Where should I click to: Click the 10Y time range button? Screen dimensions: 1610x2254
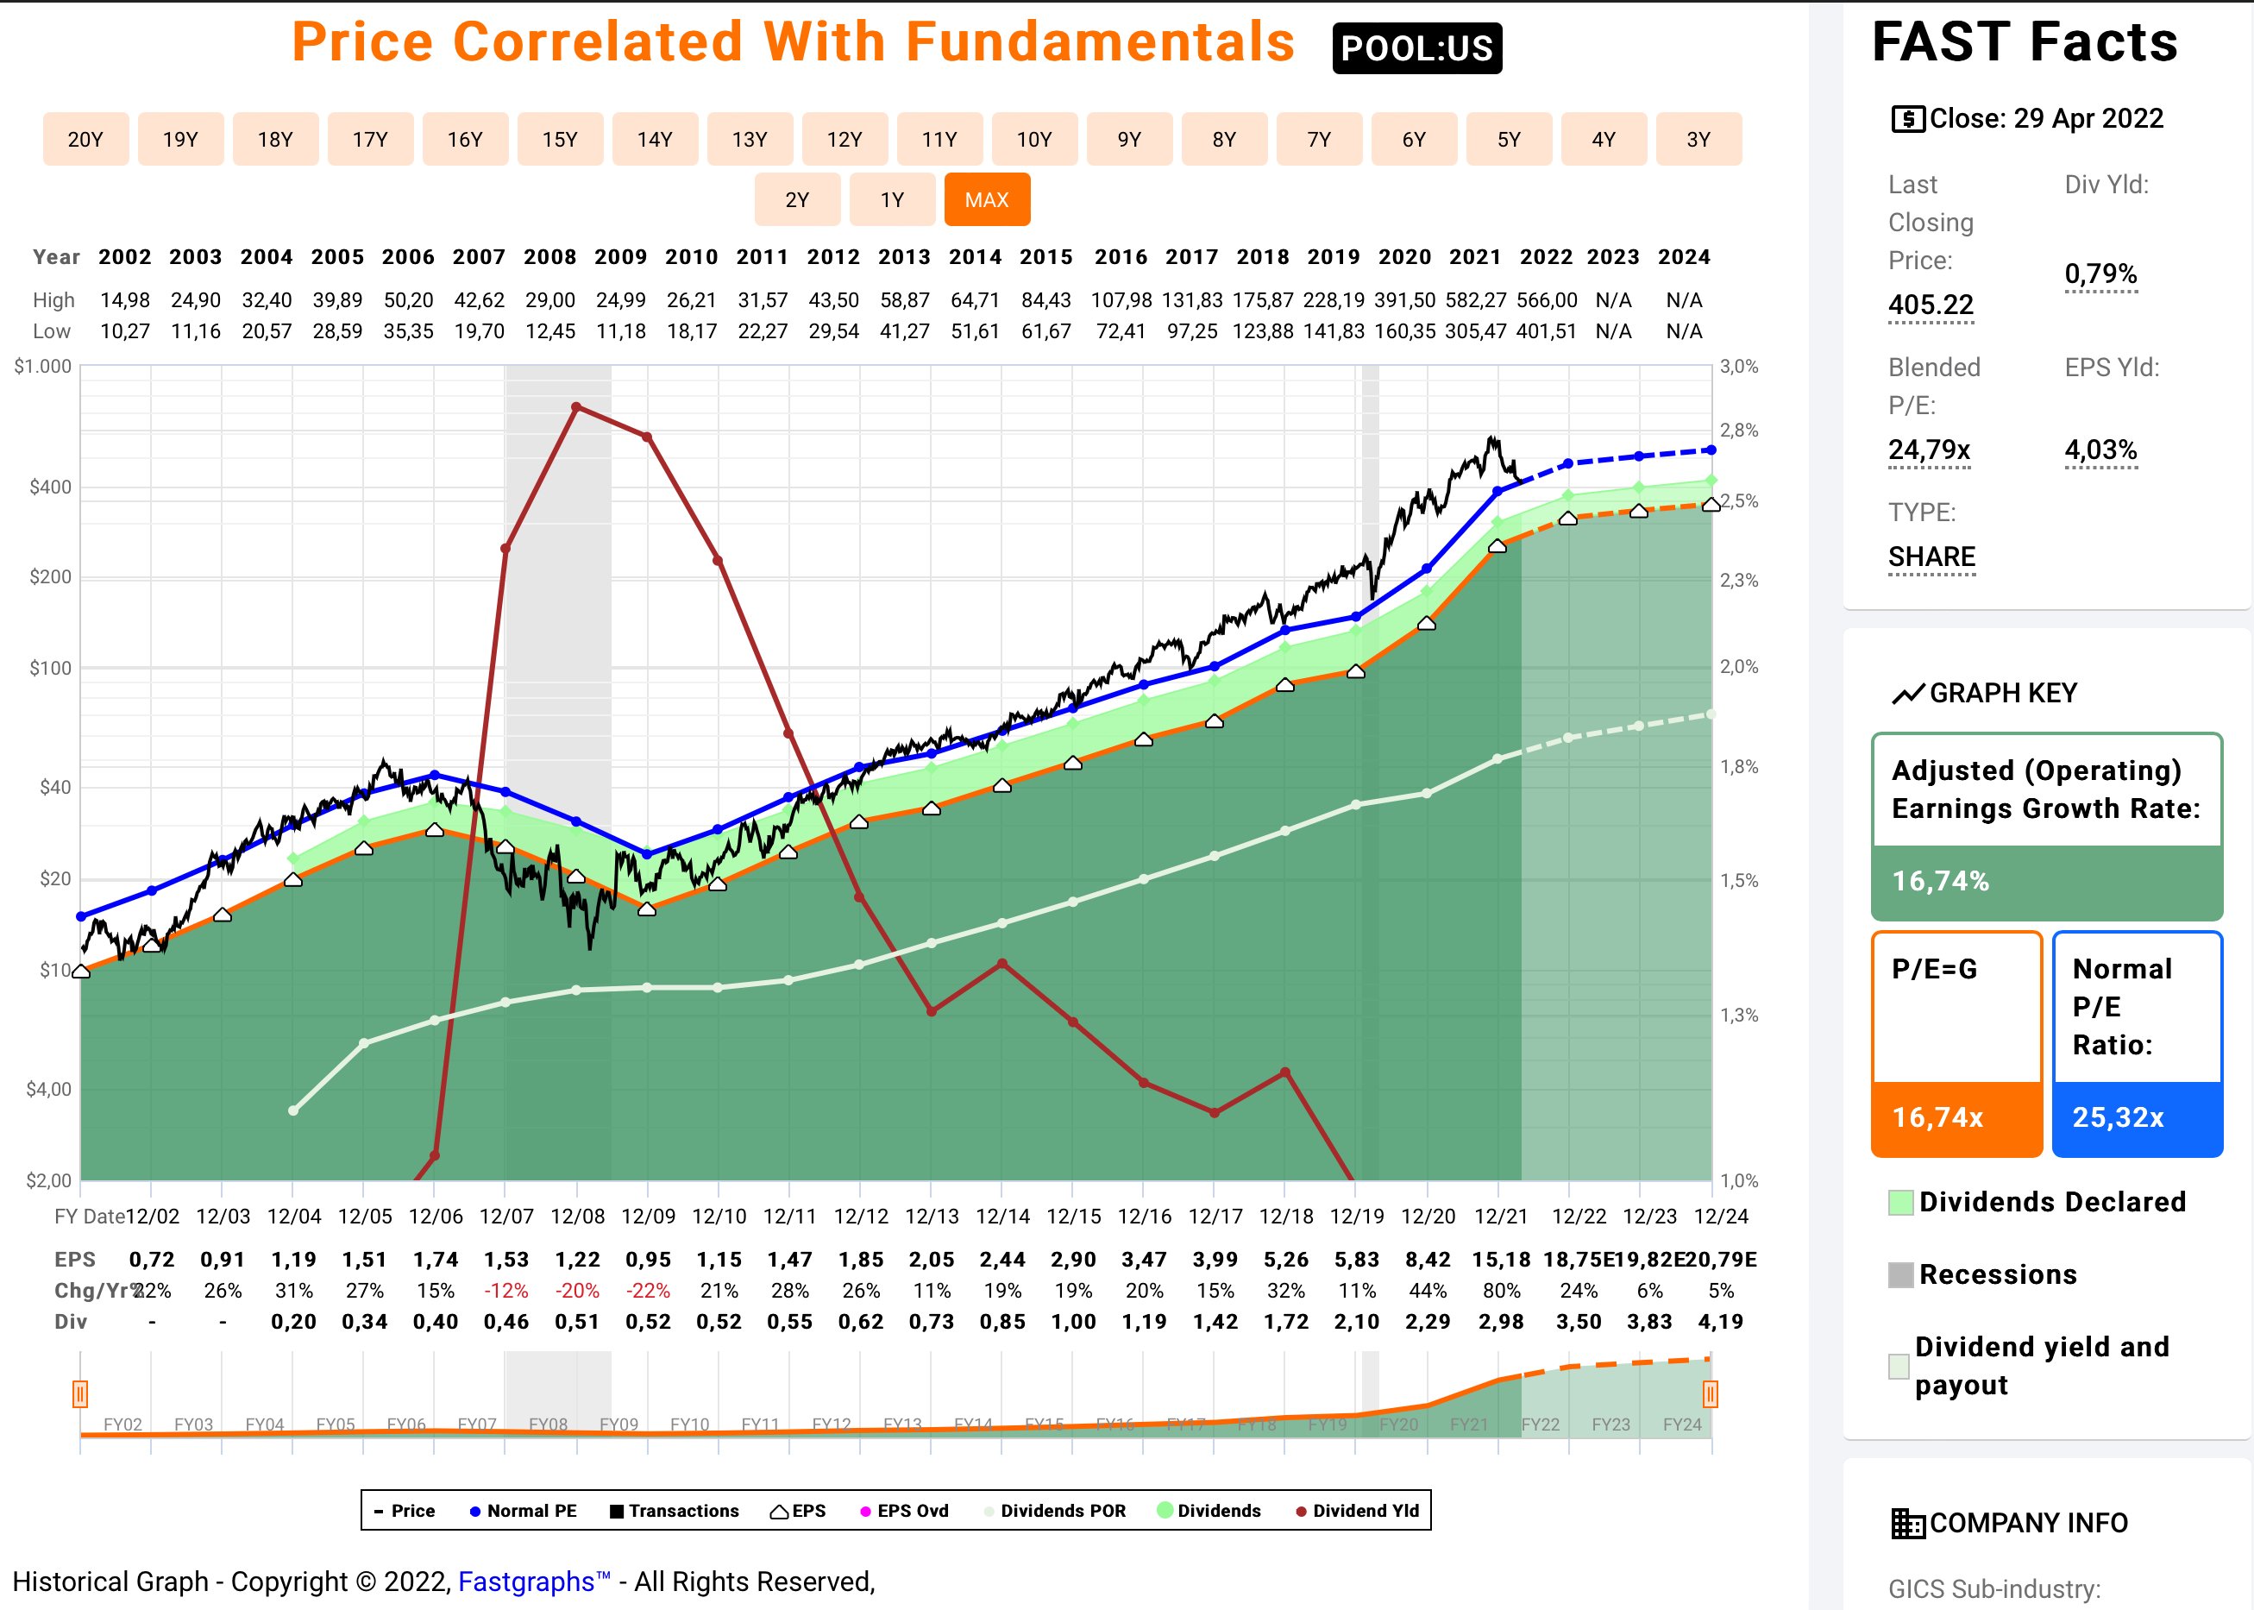coord(1033,139)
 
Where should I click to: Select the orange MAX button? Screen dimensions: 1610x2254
coord(986,199)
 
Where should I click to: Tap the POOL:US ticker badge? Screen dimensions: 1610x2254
coord(1416,47)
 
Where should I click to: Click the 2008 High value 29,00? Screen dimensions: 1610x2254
coord(550,299)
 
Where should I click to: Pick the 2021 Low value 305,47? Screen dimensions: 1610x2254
coord(1475,331)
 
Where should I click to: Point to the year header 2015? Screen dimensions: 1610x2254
coord(1045,257)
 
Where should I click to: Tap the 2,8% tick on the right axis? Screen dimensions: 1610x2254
coord(1738,431)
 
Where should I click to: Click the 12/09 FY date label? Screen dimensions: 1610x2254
coord(648,1216)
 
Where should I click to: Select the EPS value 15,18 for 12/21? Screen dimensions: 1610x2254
coord(1501,1259)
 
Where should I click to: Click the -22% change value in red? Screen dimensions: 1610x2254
coord(648,1290)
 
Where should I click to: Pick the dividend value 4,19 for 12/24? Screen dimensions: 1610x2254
coord(1720,1322)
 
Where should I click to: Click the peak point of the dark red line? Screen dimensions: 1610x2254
coord(577,406)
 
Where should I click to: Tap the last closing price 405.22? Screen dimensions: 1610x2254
coord(1930,305)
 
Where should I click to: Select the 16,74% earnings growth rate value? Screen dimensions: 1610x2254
coord(1940,880)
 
